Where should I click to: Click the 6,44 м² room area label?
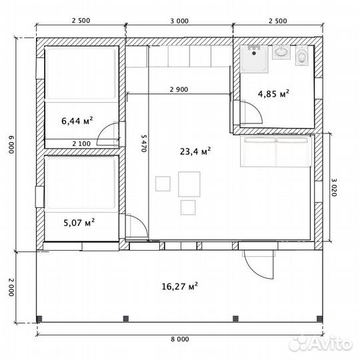tap(77, 121)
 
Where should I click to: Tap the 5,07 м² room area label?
tap(79, 222)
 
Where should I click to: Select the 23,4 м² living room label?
tap(195, 151)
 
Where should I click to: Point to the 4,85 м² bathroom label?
tap(273, 94)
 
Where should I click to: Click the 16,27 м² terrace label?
tap(180, 286)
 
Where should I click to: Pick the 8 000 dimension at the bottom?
tap(180, 339)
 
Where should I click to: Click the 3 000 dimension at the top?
tap(179, 21)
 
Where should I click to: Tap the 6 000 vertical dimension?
tap(11, 145)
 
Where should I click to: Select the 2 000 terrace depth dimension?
tap(11, 287)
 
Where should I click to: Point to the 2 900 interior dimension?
tap(179, 89)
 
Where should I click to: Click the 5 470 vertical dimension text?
tap(144, 143)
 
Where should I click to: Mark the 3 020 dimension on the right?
tap(334, 187)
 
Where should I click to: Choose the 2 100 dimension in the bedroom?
tap(81, 144)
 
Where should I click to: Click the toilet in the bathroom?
tap(301, 56)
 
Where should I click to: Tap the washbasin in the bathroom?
tap(281, 51)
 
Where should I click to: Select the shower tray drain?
tap(254, 53)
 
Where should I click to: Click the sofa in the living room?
tap(276, 151)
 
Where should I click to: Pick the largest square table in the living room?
tap(189, 184)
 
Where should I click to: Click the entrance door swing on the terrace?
tap(259, 265)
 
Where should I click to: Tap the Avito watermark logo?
tap(321, 343)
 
